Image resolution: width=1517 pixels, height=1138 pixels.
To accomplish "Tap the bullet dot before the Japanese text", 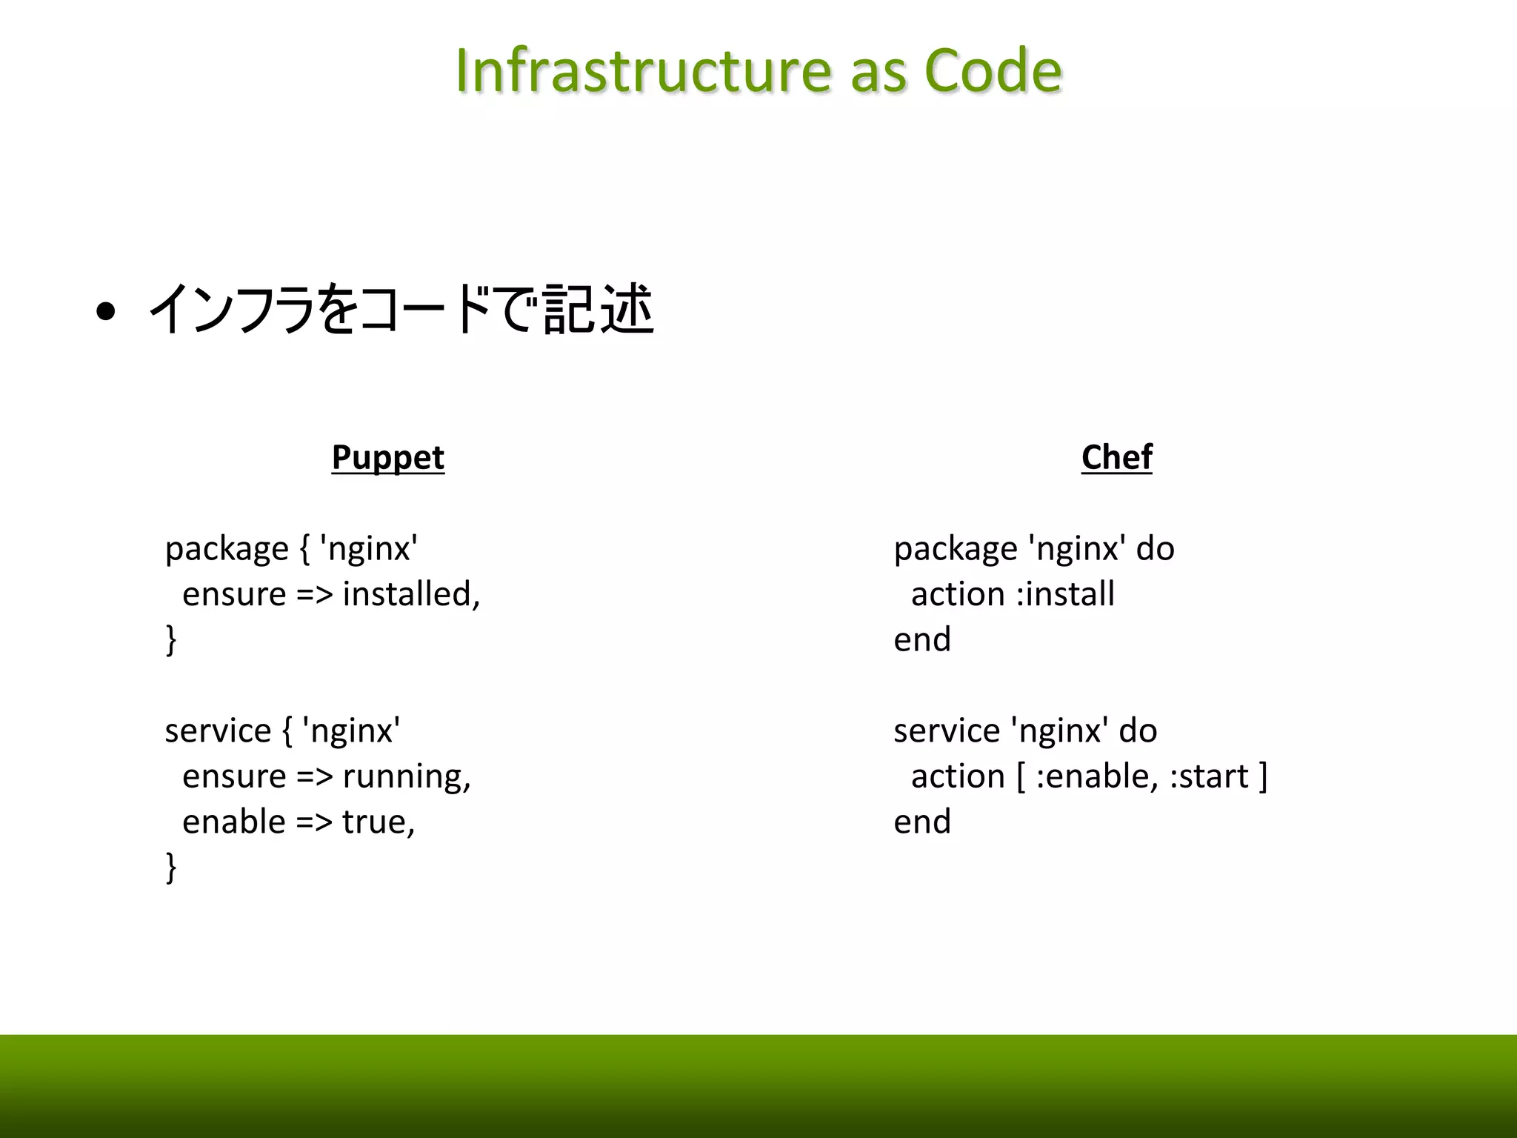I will [106, 313].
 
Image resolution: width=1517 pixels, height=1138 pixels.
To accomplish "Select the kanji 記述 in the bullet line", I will [598, 310].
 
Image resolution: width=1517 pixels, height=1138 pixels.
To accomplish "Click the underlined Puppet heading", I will [387, 457].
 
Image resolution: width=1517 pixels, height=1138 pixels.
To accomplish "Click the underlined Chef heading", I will [1116, 457].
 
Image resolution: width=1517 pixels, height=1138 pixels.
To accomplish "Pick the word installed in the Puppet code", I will [411, 594].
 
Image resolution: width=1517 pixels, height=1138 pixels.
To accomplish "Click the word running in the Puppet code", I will [406, 776].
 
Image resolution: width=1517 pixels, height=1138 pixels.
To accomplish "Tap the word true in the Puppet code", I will [378, 822].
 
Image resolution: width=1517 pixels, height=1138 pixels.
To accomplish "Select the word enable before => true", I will [233, 822].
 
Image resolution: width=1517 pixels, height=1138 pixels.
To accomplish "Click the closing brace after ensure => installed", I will [171, 639].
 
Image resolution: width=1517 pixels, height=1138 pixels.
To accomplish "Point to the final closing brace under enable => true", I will [171, 867].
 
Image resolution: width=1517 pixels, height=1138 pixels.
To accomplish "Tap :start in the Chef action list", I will [1208, 776].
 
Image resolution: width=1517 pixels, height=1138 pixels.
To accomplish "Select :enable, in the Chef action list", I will [1096, 776].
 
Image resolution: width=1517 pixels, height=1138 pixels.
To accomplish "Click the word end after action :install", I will [921, 639].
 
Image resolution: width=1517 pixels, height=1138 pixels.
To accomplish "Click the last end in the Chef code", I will [921, 822].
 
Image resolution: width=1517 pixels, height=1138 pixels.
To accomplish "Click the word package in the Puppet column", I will [226, 550].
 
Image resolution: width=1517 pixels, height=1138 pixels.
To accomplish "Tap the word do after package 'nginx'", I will [1155, 549].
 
